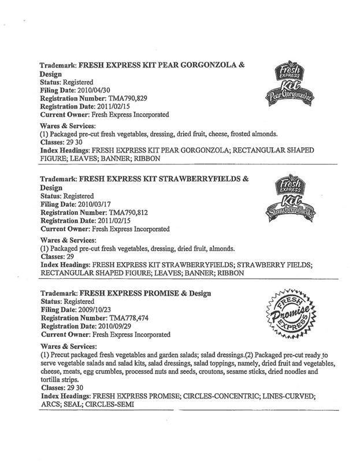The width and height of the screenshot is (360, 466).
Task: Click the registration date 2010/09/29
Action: [x=129, y=326]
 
